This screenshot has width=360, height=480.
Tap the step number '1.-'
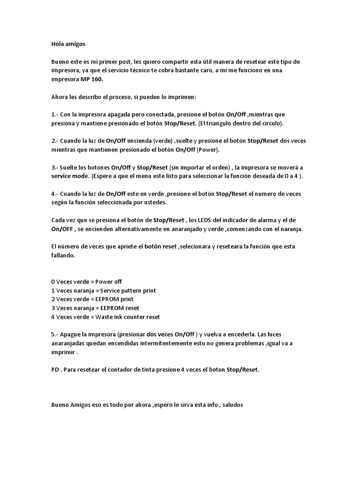(x=55, y=115)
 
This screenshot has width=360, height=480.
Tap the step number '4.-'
(x=55, y=194)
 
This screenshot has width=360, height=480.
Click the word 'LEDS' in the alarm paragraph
(x=210, y=220)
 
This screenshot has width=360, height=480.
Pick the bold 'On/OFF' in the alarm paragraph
(x=61, y=229)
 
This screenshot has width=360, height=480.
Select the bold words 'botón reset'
(x=161, y=247)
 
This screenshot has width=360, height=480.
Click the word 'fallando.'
(x=63, y=255)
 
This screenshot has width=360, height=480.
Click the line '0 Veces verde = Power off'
(x=86, y=282)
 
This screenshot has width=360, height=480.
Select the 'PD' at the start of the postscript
(x=55, y=369)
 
